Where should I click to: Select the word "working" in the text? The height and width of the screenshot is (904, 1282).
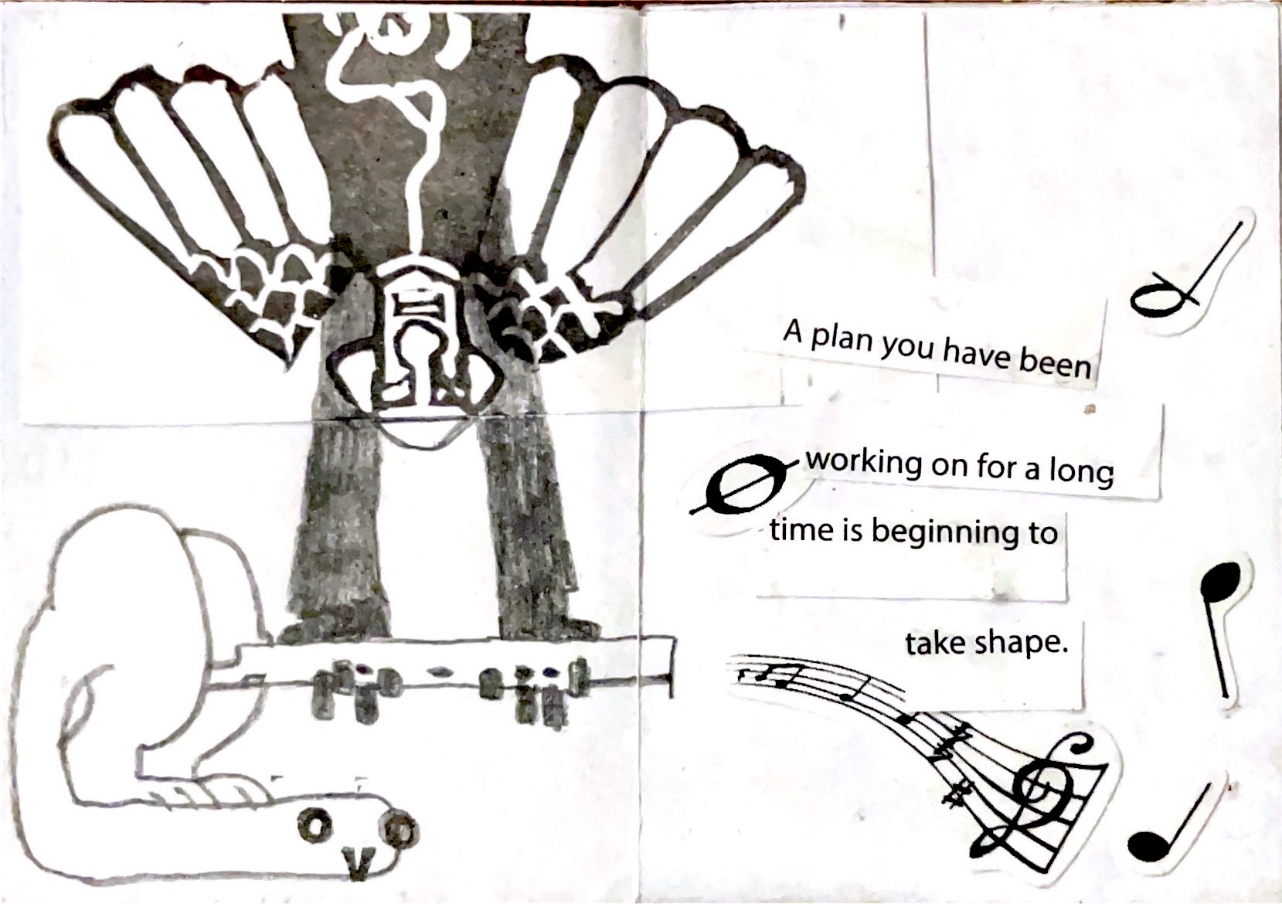(x=864, y=463)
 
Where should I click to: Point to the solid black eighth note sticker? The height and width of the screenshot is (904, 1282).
(x=1219, y=630)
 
